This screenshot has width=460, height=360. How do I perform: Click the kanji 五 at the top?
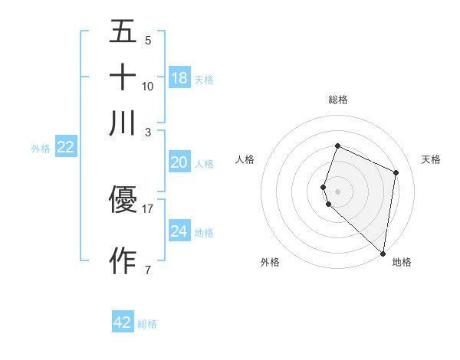click(123, 32)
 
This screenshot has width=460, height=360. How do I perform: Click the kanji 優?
click(123, 200)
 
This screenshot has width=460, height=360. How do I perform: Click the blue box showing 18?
click(179, 78)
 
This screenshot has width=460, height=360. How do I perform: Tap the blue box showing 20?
click(179, 162)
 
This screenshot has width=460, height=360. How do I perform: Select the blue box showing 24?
click(179, 231)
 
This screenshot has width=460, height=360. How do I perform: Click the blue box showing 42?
click(123, 322)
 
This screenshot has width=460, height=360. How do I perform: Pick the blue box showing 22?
click(65, 148)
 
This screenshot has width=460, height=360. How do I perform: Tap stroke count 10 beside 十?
click(148, 87)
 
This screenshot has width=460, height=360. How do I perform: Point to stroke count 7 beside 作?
click(147, 270)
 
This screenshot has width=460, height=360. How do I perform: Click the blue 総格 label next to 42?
click(147, 324)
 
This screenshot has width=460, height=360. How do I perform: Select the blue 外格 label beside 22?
click(40, 149)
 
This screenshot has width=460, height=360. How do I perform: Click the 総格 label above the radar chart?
click(337, 100)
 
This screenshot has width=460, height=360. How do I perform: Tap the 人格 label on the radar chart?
click(245, 159)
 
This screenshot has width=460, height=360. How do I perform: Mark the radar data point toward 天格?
click(396, 172)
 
